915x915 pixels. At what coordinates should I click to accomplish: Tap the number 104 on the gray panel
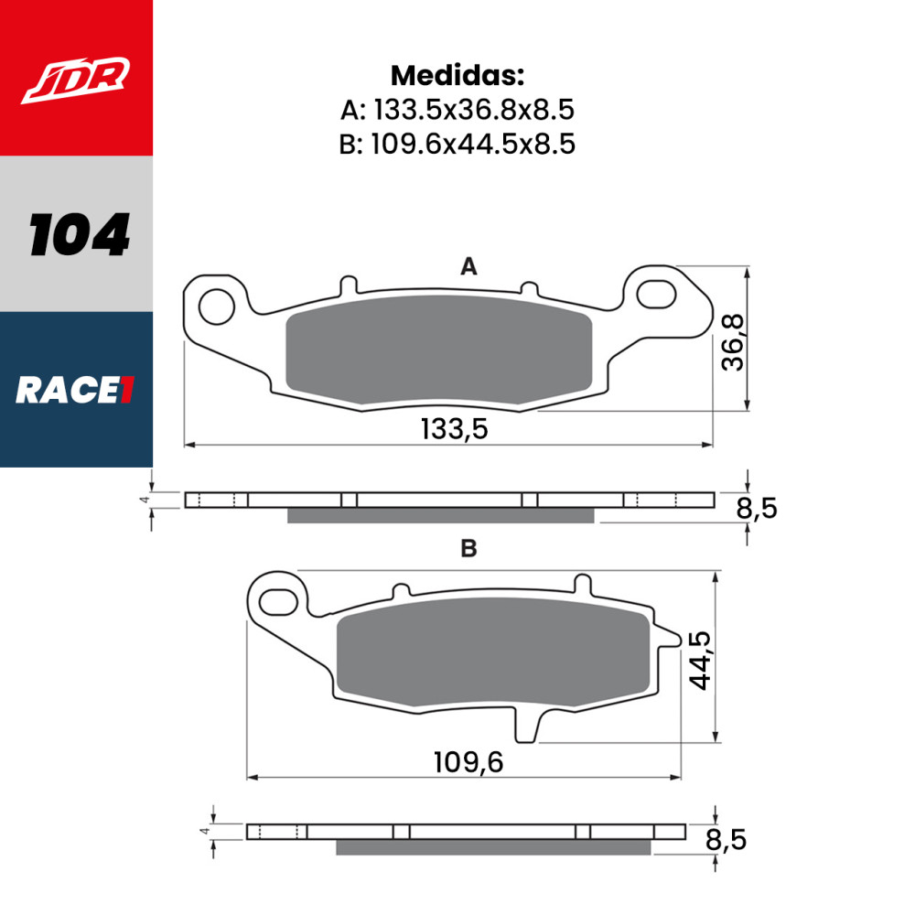pos(79,234)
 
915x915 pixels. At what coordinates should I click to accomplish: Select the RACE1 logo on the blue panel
pos(76,391)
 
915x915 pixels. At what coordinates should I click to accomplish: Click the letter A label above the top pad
pos(468,266)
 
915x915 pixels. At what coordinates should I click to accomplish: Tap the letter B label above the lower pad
pos(468,548)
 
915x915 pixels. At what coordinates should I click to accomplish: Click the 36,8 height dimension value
pos(734,341)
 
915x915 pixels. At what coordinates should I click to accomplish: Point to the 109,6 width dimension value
pos(468,760)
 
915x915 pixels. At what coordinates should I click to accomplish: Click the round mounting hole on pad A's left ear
pos(217,307)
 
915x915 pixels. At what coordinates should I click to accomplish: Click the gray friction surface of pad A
pos(439,351)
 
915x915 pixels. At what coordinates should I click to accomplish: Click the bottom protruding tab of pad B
pos(527,727)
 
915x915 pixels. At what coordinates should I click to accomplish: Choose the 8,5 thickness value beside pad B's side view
pos(724,839)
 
